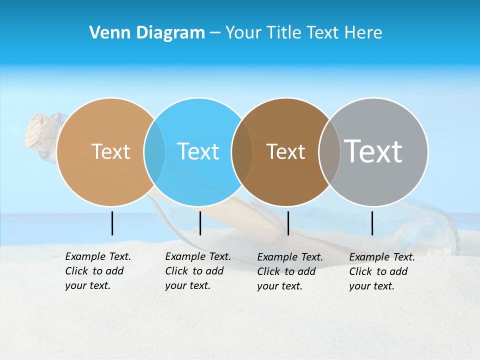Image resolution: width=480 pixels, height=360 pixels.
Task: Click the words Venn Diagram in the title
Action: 147,33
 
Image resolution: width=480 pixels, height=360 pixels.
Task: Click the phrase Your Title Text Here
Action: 303,33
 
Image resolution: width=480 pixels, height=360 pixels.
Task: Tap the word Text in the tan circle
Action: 110,151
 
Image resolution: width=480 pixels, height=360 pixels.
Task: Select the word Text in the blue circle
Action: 198,151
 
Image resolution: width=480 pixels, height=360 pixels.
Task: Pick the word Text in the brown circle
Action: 285,151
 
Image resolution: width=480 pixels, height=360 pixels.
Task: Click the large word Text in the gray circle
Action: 373,151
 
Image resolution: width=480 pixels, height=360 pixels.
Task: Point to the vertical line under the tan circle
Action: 112,223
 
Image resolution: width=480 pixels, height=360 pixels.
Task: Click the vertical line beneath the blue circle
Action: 200,223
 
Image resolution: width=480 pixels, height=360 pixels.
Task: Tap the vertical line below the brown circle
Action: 288,223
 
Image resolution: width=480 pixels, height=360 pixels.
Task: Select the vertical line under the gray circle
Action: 372,223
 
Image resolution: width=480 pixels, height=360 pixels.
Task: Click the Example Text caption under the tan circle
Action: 98,271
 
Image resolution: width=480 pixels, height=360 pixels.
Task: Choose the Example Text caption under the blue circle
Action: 198,271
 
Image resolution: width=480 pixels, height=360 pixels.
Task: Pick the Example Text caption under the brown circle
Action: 290,271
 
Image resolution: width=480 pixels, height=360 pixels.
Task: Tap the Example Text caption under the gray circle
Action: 382,271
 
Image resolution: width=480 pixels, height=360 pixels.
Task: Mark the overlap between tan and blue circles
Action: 154,151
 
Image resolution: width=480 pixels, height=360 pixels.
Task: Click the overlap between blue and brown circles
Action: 242,151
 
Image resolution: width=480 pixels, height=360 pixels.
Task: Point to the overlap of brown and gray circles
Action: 329,151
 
